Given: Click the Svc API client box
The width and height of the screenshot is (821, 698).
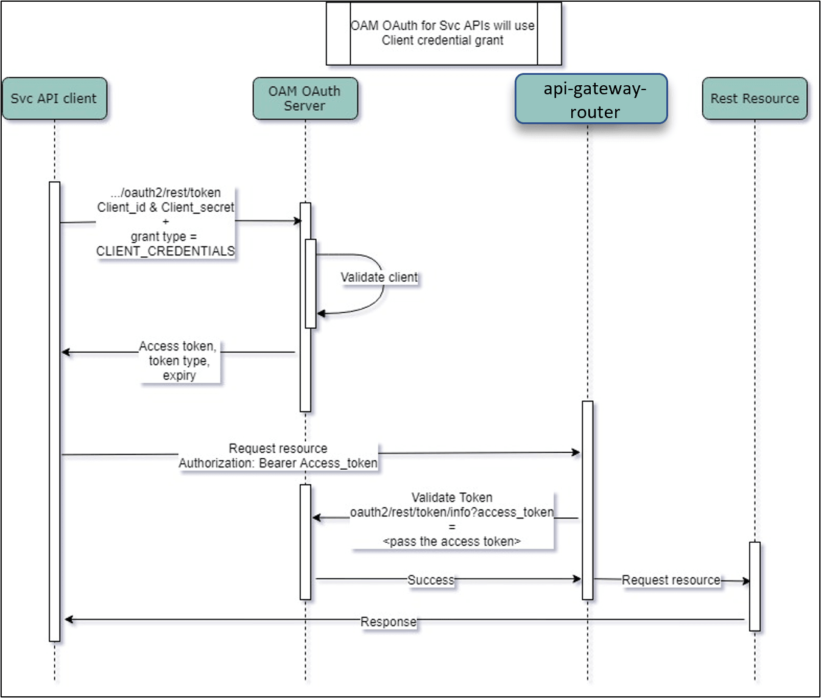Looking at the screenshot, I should coord(54,99).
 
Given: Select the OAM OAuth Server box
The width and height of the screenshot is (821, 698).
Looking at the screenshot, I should coord(305,99).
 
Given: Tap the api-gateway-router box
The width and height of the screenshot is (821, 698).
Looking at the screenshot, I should coord(591,99).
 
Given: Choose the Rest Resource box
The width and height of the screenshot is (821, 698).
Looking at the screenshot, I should coord(755,99).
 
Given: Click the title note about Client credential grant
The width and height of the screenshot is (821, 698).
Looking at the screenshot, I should coord(443,33).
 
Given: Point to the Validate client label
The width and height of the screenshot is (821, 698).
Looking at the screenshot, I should coord(379,277).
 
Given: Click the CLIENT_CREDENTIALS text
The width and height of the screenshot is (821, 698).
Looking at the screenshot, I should coord(165,251).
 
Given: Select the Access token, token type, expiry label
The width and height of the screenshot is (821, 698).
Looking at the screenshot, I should coord(179,361).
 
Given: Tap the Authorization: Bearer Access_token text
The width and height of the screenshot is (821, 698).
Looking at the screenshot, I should coord(278,463).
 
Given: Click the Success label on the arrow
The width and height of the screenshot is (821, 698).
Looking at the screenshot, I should coord(431,580).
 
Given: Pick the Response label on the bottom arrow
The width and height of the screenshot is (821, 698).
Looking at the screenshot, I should coord(389,622).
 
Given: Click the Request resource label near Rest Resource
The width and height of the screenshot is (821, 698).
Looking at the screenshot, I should coord(671,581).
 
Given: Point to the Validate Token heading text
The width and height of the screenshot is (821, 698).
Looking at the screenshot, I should coord(452,498).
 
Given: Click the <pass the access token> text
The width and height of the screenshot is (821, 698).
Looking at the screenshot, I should coord(452,542).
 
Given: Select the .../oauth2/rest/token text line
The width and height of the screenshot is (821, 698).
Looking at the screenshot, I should coord(166,193).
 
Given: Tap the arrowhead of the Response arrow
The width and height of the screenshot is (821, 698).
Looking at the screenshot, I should coord(69,619).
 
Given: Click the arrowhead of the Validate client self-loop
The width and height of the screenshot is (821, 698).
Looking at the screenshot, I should coord(321,313).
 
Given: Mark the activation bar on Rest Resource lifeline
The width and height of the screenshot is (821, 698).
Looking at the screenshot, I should coord(755,586).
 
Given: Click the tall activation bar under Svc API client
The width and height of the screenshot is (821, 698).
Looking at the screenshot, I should coord(55,411).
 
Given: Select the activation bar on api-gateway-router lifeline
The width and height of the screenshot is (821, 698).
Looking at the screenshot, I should coord(587,500).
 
